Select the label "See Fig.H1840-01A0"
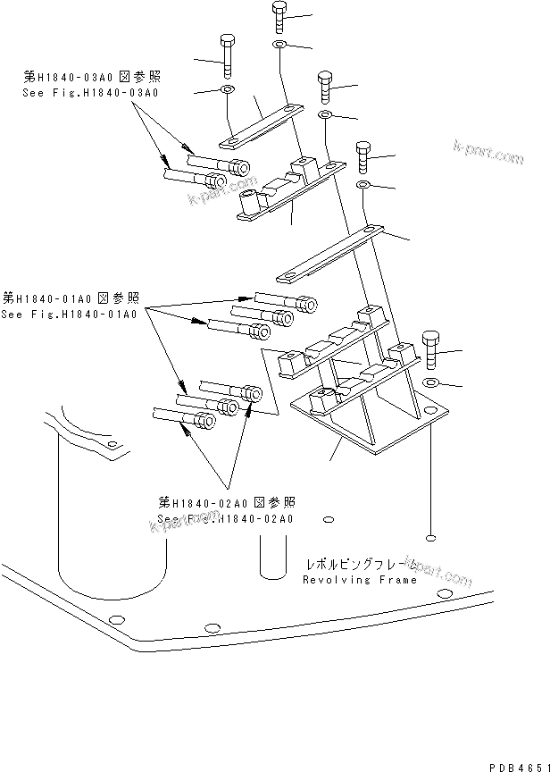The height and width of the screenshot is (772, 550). (x=69, y=314)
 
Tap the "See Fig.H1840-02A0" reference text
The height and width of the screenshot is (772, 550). (x=226, y=518)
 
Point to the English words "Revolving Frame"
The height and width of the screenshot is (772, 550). (x=360, y=579)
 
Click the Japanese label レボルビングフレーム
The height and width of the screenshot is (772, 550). (x=359, y=565)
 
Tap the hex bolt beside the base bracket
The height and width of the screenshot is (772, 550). (x=429, y=349)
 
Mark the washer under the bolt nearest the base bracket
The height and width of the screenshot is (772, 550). (x=430, y=382)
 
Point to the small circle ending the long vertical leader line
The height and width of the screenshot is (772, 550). (x=431, y=537)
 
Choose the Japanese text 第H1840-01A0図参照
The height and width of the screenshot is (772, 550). (x=69, y=298)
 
